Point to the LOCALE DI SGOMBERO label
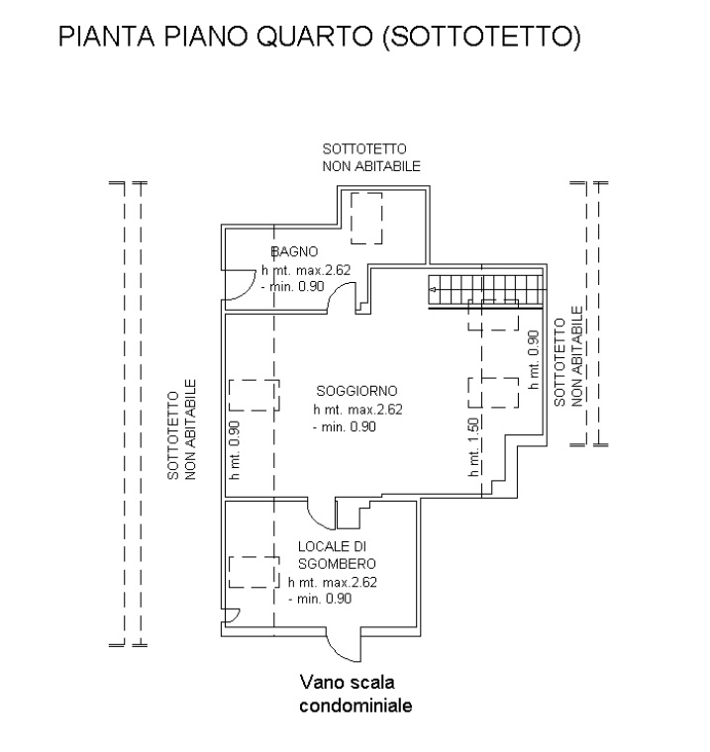click(336, 554)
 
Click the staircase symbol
click(486, 292)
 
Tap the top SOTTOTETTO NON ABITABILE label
click(371, 157)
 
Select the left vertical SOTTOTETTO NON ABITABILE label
click(182, 431)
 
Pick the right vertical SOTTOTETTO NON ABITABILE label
click(567, 361)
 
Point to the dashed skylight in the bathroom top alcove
click(367, 219)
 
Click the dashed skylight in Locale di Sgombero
click(253, 573)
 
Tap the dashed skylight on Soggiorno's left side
click(253, 395)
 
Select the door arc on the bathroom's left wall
click(236, 287)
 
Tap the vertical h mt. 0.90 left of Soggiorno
click(235, 450)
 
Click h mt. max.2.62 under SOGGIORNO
click(358, 409)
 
